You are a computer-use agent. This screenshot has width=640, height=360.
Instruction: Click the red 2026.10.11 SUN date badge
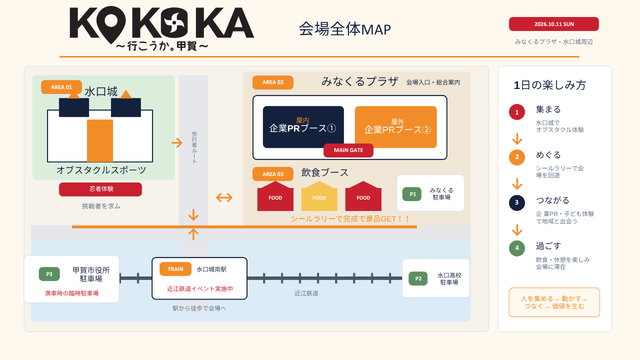553,24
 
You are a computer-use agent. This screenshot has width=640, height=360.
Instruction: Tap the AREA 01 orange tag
61,87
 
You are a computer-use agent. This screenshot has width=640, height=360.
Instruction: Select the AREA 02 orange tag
273,82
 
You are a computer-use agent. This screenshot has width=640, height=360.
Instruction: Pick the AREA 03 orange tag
273,174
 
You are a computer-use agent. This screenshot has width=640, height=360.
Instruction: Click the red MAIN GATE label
348,150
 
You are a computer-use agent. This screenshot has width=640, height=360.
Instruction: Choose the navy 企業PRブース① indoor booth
303,127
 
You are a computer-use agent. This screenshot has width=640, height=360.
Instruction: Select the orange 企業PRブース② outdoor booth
395,127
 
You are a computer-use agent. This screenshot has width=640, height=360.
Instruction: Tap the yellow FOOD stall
319,196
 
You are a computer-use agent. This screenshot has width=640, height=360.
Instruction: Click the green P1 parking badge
412,194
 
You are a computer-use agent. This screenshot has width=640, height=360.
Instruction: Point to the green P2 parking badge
418,278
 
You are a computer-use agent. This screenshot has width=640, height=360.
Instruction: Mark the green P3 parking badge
49,274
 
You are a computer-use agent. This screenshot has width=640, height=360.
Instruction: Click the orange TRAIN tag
175,269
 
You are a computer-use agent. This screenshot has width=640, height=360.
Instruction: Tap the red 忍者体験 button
100,189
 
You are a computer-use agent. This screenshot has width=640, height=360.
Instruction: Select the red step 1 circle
517,112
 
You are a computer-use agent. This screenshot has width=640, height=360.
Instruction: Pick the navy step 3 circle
517,202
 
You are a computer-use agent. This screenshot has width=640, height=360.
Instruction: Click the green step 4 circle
517,248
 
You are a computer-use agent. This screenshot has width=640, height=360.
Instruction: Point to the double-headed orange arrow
224,197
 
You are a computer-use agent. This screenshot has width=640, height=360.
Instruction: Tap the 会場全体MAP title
345,29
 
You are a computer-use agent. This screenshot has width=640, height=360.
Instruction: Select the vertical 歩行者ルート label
194,147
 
